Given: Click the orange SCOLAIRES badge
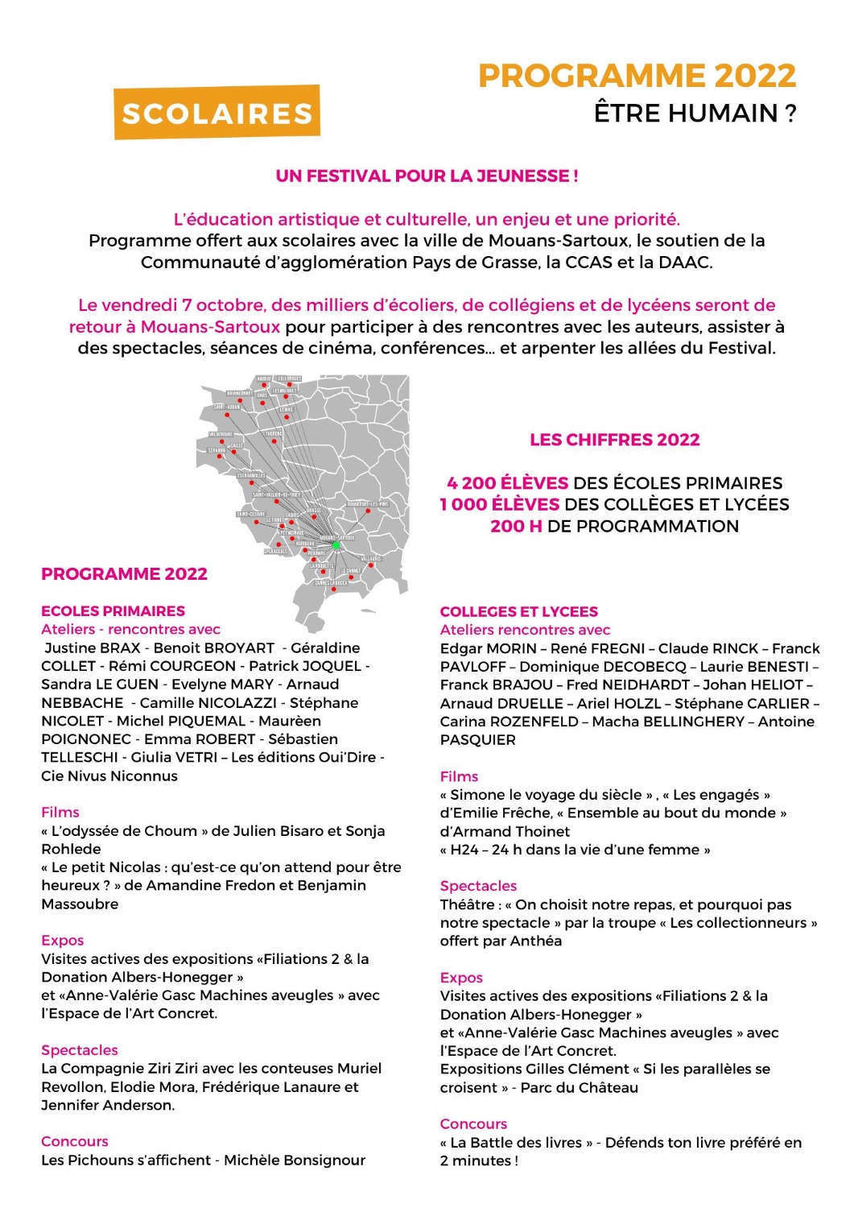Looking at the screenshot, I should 217,113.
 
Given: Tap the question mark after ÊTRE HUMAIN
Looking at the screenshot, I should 790,114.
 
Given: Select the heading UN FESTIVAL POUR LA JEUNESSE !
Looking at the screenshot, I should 427,176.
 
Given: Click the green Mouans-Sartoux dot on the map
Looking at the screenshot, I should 336,545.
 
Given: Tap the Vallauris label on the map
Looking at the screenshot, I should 371,558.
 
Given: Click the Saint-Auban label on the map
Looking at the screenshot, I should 226,407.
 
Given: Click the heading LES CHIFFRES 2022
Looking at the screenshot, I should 614,440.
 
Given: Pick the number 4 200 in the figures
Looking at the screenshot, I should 472,483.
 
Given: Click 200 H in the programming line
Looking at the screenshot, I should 516,527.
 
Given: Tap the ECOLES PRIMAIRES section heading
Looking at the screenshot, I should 113,611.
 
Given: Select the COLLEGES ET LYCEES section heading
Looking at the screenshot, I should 518,612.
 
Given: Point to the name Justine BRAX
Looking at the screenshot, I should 93,648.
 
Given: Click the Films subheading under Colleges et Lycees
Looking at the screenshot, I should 459,776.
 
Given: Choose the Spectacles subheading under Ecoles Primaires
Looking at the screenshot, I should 79,1050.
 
